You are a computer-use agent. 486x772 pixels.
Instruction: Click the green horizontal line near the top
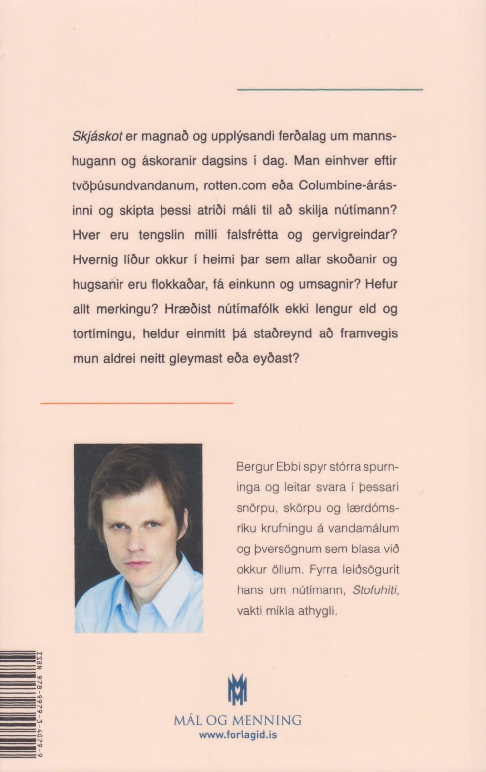pos(330,89)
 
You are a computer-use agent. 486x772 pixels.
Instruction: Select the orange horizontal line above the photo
pos(136,403)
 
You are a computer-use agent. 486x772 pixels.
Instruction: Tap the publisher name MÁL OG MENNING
pos(238,720)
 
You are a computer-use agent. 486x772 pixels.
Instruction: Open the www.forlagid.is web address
pos(238,735)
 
